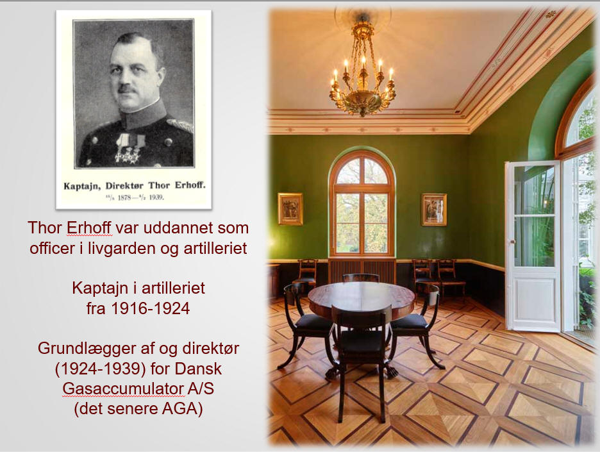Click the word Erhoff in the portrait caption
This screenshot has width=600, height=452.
[190, 185]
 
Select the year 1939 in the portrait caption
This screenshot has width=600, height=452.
[156, 198]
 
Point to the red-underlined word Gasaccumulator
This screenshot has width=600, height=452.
[122, 389]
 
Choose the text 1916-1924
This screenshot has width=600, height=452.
[138, 308]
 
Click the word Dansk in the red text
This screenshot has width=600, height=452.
[198, 369]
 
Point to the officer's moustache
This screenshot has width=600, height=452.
[128, 89]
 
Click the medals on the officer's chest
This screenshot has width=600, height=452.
[129, 149]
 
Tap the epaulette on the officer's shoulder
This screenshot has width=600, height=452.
[179, 124]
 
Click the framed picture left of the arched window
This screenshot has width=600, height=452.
[290, 209]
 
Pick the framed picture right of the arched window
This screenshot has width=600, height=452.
[434, 210]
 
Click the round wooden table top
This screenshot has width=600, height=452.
[362, 296]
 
